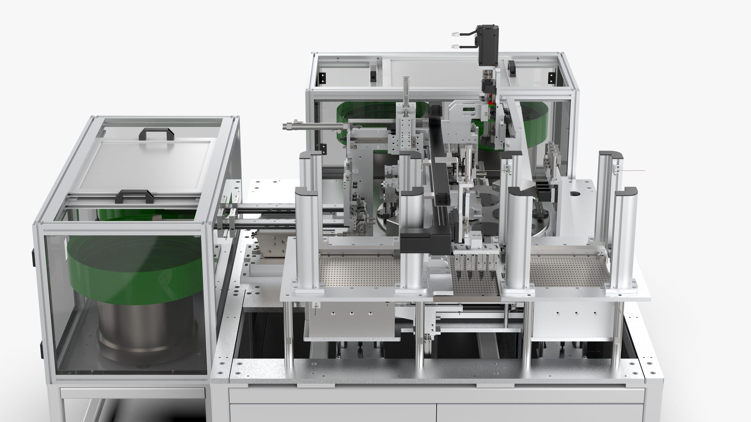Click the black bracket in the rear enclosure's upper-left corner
point(322,78)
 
